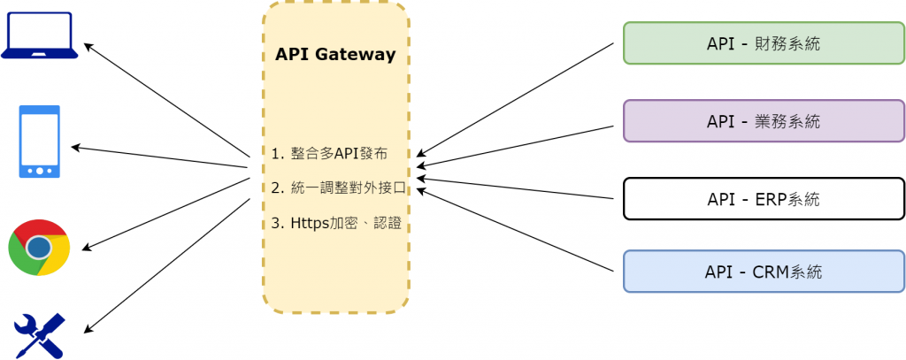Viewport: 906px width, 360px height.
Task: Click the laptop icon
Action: click(x=40, y=36)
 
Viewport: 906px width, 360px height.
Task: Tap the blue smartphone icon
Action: click(x=39, y=142)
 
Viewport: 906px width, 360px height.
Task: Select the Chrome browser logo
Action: click(x=39, y=248)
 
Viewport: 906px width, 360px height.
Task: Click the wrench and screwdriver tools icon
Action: click(x=40, y=335)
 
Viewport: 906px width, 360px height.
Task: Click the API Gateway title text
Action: click(x=335, y=55)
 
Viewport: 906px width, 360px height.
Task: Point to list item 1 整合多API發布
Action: click(x=328, y=153)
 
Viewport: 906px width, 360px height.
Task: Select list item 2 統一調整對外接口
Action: click(x=338, y=188)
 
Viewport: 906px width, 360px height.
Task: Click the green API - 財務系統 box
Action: click(x=764, y=43)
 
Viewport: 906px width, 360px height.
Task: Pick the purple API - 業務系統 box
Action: click(x=764, y=121)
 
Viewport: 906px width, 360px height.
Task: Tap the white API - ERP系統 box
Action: click(x=764, y=199)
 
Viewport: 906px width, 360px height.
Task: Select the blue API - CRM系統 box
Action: click(x=764, y=272)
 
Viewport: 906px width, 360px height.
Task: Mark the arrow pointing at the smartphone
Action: click(x=159, y=157)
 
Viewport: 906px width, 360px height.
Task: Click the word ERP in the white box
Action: click(x=769, y=199)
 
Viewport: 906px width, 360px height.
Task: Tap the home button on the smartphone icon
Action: click(x=39, y=170)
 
